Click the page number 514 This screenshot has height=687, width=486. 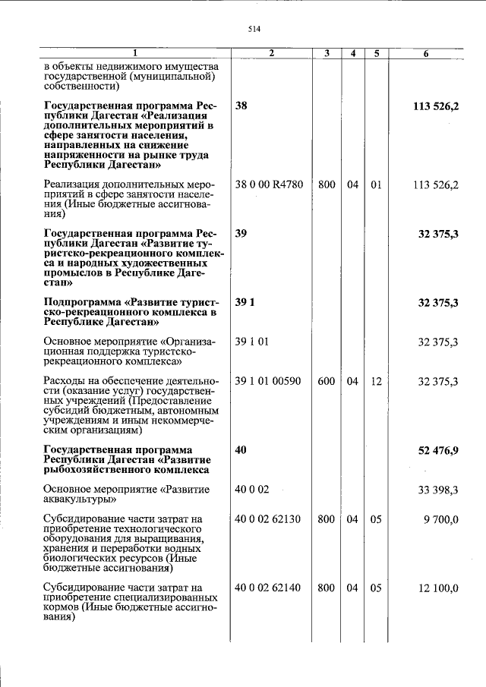coord(254,29)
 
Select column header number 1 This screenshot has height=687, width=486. coord(135,53)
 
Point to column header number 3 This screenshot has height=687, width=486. coord(327,53)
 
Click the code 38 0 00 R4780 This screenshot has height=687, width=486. coord(269,185)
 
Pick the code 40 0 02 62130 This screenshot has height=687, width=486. coord(269,519)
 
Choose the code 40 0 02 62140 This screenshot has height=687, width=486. coord(269,588)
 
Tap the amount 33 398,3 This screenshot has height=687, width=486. coord(438,490)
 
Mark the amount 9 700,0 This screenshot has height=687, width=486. coord(441,519)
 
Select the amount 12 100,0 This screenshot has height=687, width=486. coord(438,588)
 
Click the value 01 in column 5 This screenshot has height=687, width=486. coord(376,185)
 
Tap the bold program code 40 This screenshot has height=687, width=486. coord(241,451)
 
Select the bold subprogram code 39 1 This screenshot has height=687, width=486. coord(245,303)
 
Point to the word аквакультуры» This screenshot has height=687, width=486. coord(80,500)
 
